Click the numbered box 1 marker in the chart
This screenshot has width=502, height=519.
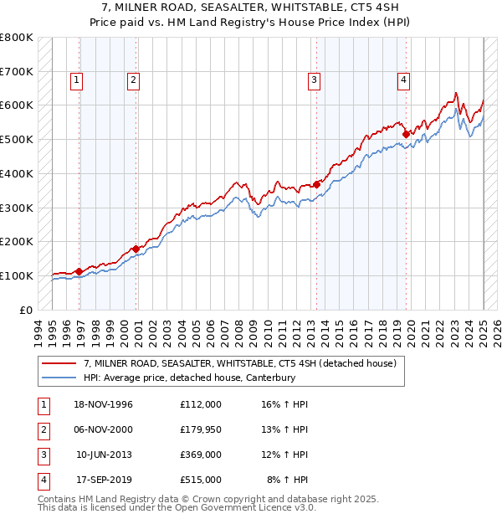(x=76, y=80)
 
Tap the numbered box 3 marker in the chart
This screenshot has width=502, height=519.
(x=314, y=80)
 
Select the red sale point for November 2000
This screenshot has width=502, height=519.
(x=136, y=248)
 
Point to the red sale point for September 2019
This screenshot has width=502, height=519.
(x=406, y=133)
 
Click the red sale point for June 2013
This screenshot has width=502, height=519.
(x=317, y=183)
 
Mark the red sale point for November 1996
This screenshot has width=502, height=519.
(x=79, y=271)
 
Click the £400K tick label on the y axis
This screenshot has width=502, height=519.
(x=16, y=173)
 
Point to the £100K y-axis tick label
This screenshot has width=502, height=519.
(x=16, y=275)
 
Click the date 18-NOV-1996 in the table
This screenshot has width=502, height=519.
(x=104, y=404)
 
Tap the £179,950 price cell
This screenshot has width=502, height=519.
(x=201, y=429)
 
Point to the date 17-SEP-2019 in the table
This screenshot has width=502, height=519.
(x=104, y=480)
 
